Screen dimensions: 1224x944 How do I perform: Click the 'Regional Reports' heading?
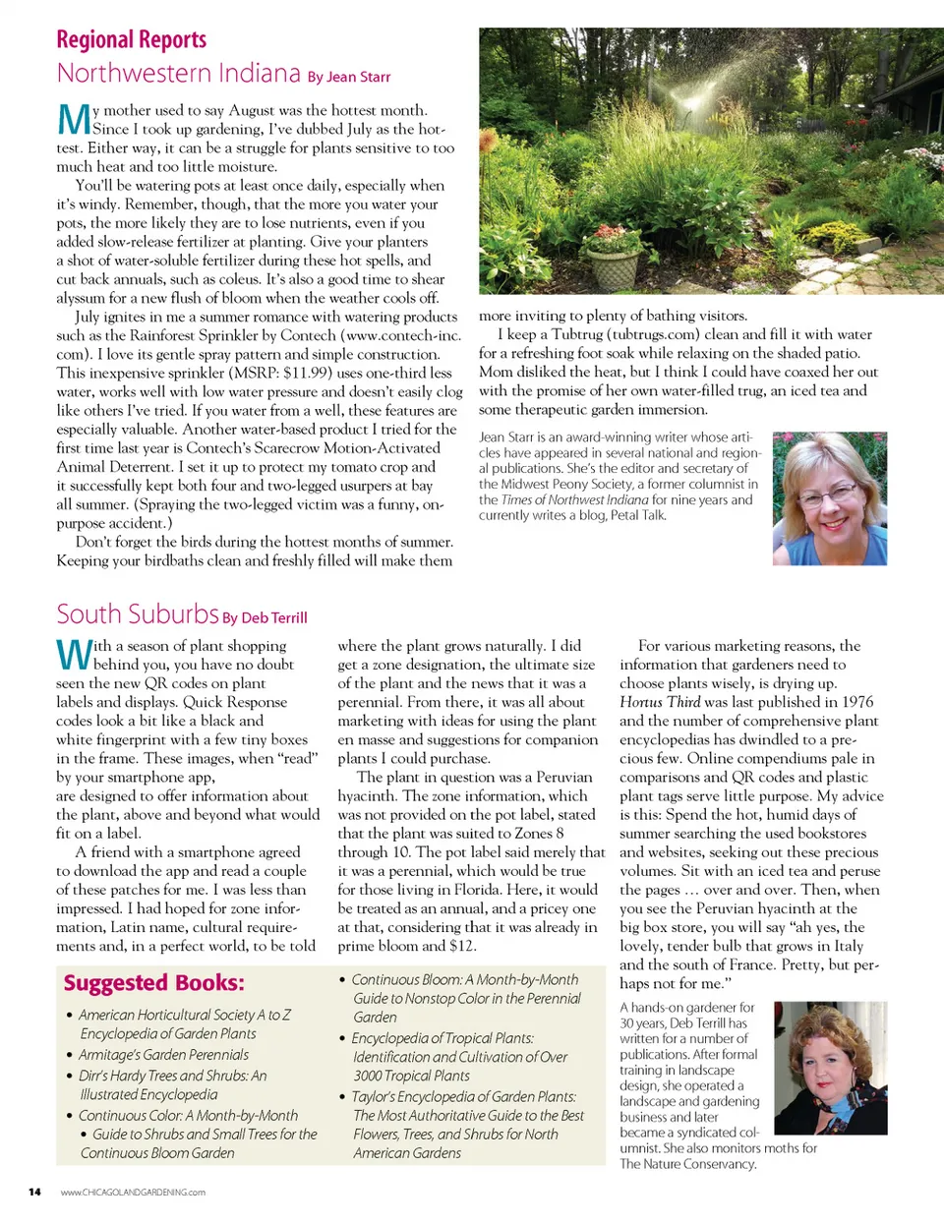[x=131, y=40]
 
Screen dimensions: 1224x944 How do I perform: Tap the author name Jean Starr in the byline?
[x=358, y=77]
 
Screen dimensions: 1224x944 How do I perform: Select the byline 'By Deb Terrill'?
[x=265, y=618]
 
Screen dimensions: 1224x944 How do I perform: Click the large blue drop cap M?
[x=75, y=121]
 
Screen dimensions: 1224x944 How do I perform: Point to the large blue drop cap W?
[x=75, y=654]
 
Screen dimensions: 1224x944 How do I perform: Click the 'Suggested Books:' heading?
[x=154, y=983]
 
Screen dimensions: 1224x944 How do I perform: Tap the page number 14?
[x=34, y=1193]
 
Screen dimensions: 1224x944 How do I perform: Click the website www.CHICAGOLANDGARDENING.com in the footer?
[x=133, y=1193]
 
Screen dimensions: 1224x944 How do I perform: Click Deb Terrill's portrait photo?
[x=830, y=1068]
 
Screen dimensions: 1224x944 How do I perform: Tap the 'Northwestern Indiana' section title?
[x=178, y=74]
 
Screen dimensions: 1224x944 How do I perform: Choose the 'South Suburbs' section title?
[x=137, y=614]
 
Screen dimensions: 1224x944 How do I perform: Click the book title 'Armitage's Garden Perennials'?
[x=163, y=1055]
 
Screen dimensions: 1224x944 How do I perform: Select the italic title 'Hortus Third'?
[x=660, y=702]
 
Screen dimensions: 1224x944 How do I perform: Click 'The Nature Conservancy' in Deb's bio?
[x=688, y=1164]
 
